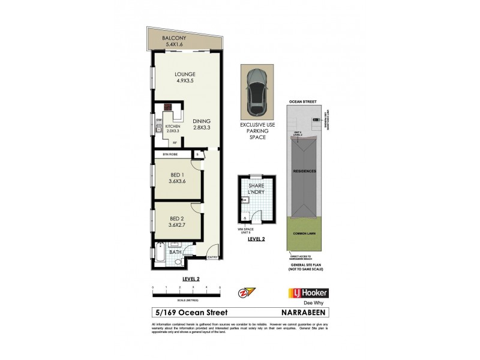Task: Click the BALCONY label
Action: coord(174,38)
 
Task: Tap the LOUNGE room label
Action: coord(185,74)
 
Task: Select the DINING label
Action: coord(202,121)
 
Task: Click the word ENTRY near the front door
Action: coord(212,258)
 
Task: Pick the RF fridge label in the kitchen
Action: coord(175,143)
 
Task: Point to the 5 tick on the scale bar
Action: coord(220,288)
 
